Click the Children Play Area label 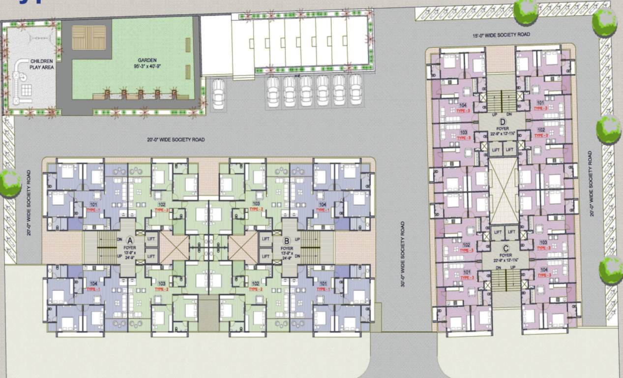(x=41, y=64)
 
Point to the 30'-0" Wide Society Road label (x=403, y=254)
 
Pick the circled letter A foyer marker (x=130, y=240)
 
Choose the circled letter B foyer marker (x=287, y=240)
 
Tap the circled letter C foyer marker (x=505, y=248)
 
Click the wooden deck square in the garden (x=89, y=38)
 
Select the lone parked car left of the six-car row (x=219, y=94)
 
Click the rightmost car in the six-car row (x=356, y=90)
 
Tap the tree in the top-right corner (x=604, y=22)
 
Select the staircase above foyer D (x=501, y=100)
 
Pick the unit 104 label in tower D (x=463, y=105)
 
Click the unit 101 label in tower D (x=540, y=103)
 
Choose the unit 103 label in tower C (x=543, y=242)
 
